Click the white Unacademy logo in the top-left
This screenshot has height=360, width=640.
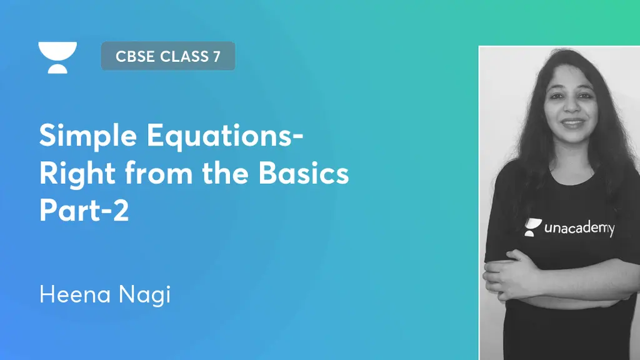(57, 57)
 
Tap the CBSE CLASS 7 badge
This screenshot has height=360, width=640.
(167, 56)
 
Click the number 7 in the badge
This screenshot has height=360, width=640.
(216, 56)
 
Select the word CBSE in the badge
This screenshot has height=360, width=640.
(136, 56)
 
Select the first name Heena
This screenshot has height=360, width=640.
(74, 294)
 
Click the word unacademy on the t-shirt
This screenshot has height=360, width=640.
(579, 228)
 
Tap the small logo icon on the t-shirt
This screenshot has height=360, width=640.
(532, 227)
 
